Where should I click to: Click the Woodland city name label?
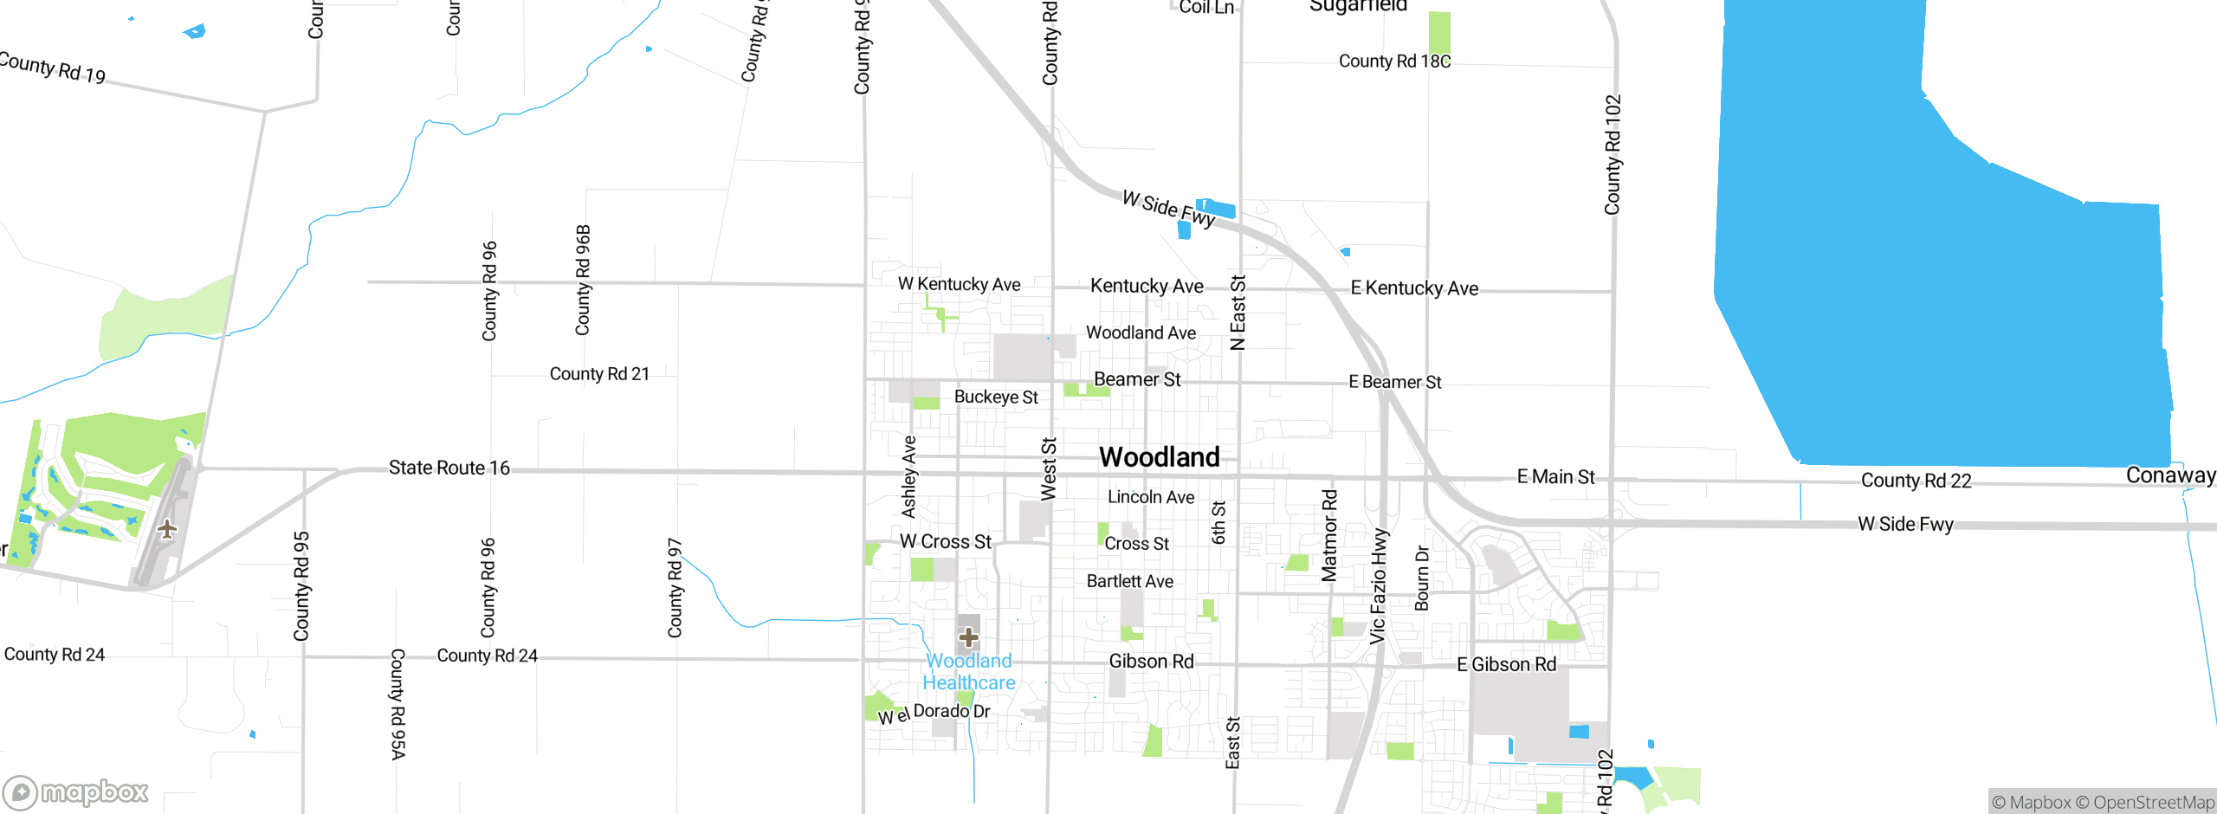click(1159, 457)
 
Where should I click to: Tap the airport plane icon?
click(167, 528)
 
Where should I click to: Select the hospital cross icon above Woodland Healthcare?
click(968, 638)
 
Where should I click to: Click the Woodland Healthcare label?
click(968, 672)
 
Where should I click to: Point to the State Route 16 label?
click(449, 468)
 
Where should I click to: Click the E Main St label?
click(1555, 477)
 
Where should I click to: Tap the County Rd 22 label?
click(1916, 481)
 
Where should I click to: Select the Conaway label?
click(2169, 475)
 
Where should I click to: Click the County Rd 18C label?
click(1394, 61)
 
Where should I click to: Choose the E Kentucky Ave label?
click(1414, 288)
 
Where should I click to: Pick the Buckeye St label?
click(996, 397)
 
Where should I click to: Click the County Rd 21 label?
click(599, 374)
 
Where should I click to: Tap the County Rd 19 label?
click(52, 68)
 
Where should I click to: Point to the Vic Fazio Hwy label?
click(1378, 586)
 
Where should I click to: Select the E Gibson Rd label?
click(1506, 665)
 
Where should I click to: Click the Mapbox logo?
click(76, 791)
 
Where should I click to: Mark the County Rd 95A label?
click(398, 704)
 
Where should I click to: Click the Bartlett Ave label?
click(1129, 582)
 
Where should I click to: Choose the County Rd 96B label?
click(583, 280)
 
